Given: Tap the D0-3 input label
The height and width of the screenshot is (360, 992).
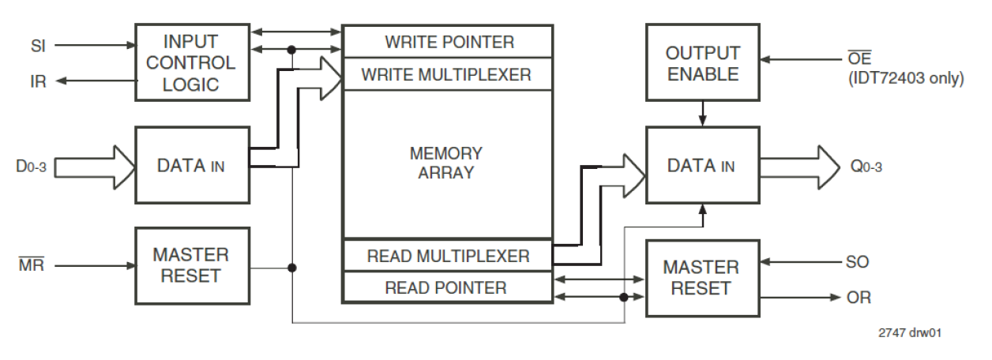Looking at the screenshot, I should pos(34,167).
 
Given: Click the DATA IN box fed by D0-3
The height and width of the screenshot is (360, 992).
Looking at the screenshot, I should pos(192,167).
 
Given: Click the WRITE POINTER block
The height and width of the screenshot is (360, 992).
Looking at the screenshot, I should pos(447,42).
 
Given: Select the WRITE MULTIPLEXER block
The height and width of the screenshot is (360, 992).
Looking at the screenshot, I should pos(447,75).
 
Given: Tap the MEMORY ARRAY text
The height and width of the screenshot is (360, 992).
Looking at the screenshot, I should pos(446,162).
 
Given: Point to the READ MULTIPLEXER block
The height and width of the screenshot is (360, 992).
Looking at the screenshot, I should pos(447,256).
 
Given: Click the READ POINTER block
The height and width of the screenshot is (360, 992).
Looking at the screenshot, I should pos(447,287).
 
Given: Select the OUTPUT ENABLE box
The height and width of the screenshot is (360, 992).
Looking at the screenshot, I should pos(702,63).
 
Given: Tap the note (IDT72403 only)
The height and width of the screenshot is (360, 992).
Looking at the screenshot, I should pos(904,79).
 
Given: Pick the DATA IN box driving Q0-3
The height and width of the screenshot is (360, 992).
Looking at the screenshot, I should pos(702,166).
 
